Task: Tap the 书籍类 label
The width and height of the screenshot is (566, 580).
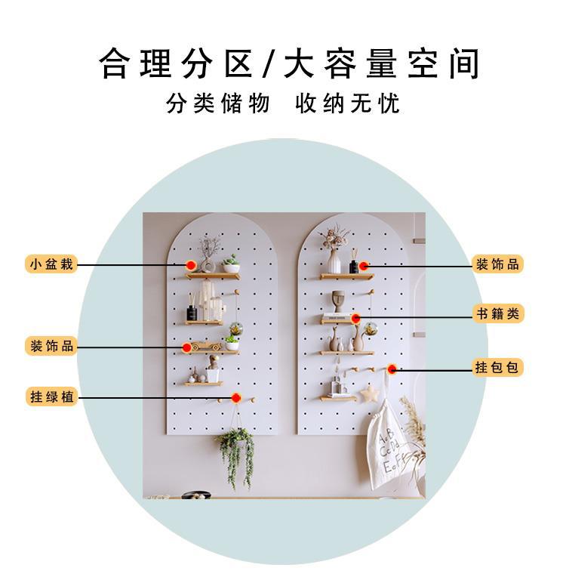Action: point(497,313)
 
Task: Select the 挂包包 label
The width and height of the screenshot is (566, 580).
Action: point(497,368)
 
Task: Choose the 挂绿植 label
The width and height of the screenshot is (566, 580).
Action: point(51,396)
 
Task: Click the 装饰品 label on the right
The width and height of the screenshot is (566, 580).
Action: point(497,264)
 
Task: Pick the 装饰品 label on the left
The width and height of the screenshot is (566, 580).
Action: point(51,346)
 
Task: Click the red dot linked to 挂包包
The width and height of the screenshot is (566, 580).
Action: point(392,369)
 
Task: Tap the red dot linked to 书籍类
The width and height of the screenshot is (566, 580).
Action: point(355,318)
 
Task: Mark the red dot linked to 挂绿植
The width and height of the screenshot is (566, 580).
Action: point(236,398)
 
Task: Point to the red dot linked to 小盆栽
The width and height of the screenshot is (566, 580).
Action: point(191,265)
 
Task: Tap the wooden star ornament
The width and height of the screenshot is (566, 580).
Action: point(369,393)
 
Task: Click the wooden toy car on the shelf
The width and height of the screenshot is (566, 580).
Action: point(205,346)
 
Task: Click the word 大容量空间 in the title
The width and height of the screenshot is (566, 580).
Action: point(381,65)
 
